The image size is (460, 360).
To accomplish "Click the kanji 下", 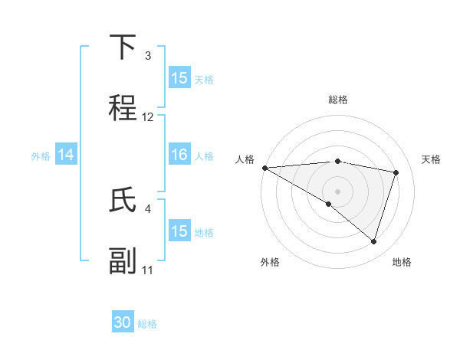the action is (x=123, y=47).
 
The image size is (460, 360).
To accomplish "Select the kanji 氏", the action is (x=123, y=201).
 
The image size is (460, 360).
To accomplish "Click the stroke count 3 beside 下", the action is (x=148, y=56).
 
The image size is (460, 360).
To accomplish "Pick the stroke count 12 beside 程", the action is (x=148, y=117).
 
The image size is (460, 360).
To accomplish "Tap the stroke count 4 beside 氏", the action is (x=148, y=208).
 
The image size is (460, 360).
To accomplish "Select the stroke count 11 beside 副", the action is (x=148, y=270).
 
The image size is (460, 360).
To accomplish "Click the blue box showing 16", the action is (x=179, y=155).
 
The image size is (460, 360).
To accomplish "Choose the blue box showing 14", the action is (x=66, y=155).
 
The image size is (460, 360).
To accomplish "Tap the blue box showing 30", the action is (x=123, y=322).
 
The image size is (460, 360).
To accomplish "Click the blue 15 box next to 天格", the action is (x=179, y=78).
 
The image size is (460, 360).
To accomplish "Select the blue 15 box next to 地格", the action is (x=179, y=231).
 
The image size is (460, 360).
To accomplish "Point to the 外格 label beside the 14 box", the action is (x=41, y=155).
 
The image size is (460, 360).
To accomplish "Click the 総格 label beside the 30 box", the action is (x=147, y=324).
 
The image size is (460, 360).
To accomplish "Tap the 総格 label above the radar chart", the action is (x=338, y=100).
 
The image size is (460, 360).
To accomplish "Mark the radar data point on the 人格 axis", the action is (x=264, y=168).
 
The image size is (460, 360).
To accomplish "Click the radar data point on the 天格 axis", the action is (x=396, y=172).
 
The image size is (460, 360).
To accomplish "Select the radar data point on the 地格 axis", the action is (x=373, y=242).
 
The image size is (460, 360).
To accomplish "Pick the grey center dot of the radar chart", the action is (x=337, y=190).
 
